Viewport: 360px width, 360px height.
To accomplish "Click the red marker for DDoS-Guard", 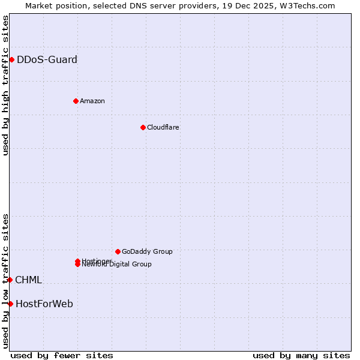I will point(11,59).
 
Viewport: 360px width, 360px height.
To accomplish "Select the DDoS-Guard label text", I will point(47,59).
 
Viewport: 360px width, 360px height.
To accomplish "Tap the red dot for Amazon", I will point(76,101).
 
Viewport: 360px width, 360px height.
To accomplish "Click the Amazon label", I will point(92,101).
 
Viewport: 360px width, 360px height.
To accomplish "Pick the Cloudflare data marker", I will point(143,127).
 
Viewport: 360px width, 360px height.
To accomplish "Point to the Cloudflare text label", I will point(163,127).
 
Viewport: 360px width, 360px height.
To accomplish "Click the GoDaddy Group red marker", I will point(118,251).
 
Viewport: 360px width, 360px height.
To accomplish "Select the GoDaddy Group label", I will point(146,251).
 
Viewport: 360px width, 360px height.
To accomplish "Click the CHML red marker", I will point(10,280).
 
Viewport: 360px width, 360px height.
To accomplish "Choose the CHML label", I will point(28,280).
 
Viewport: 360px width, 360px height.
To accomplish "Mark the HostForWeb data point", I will point(10,304).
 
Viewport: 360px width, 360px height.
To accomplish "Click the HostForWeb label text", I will point(44,304).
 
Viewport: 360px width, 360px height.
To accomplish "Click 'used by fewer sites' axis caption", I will point(62,355).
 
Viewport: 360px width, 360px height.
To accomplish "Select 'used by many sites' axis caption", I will point(301,355).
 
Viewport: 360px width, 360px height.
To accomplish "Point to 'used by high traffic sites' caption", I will point(6,86).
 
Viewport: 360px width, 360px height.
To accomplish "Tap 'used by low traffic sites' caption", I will point(6,281).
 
